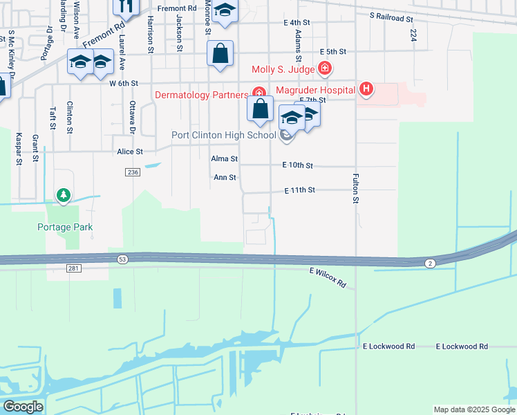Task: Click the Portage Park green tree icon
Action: (64, 196)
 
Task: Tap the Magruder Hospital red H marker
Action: (366, 89)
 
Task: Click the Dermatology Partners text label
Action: (201, 95)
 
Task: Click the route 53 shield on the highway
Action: (122, 258)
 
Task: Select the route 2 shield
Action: (430, 263)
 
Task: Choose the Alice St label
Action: (130, 151)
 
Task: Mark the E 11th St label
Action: (299, 190)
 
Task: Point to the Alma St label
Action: (225, 159)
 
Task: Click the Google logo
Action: (23, 407)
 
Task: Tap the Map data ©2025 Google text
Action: (473, 409)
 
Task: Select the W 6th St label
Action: (124, 83)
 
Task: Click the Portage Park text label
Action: (66, 227)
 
